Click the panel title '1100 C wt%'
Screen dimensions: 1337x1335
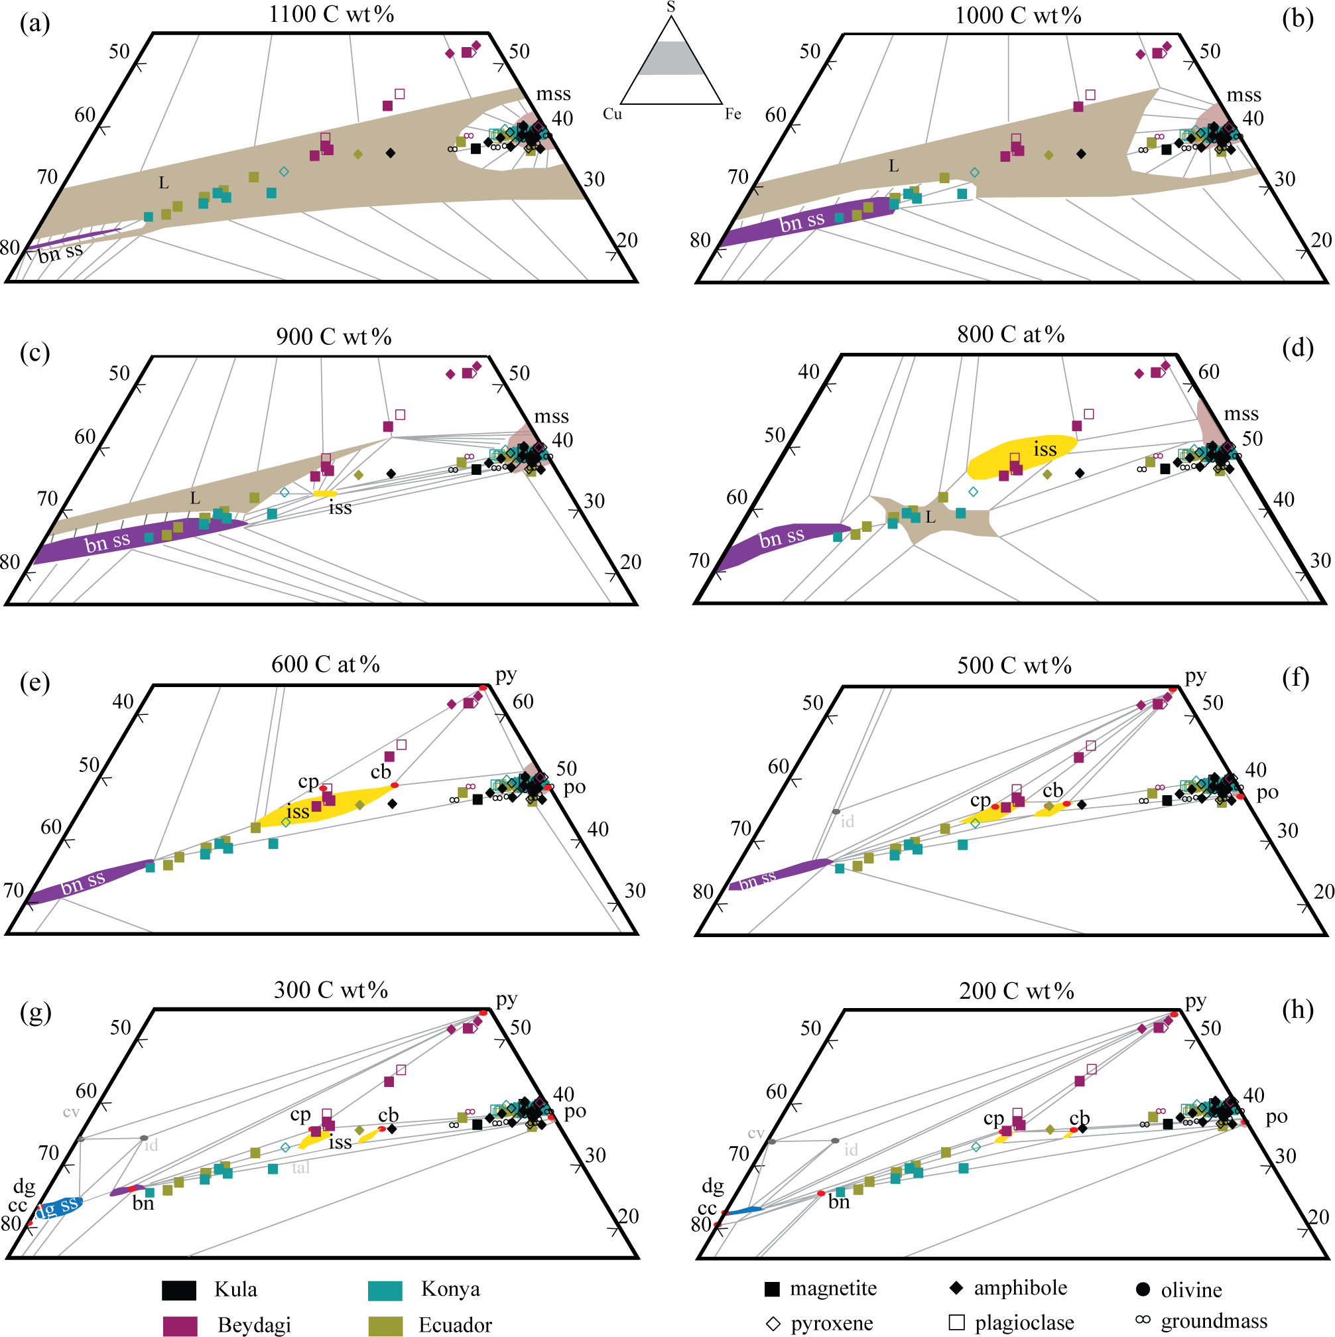tap(332, 15)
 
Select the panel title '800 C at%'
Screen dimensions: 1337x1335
tap(1011, 335)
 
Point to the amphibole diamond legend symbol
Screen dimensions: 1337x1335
tap(956, 1288)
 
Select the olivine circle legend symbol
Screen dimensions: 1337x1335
tap(1143, 1289)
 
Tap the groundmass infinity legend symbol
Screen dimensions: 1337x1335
tap(1143, 1320)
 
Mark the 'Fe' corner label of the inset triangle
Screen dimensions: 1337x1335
tap(733, 114)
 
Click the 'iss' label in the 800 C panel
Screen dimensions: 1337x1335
tap(1045, 449)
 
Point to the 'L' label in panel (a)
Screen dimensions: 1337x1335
tap(163, 182)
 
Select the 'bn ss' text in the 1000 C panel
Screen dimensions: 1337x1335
tap(802, 222)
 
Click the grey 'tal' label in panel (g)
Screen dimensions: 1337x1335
tap(300, 1167)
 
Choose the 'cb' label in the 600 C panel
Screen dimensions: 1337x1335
tap(381, 771)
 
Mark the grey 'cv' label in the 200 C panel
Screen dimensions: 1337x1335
tap(756, 1133)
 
